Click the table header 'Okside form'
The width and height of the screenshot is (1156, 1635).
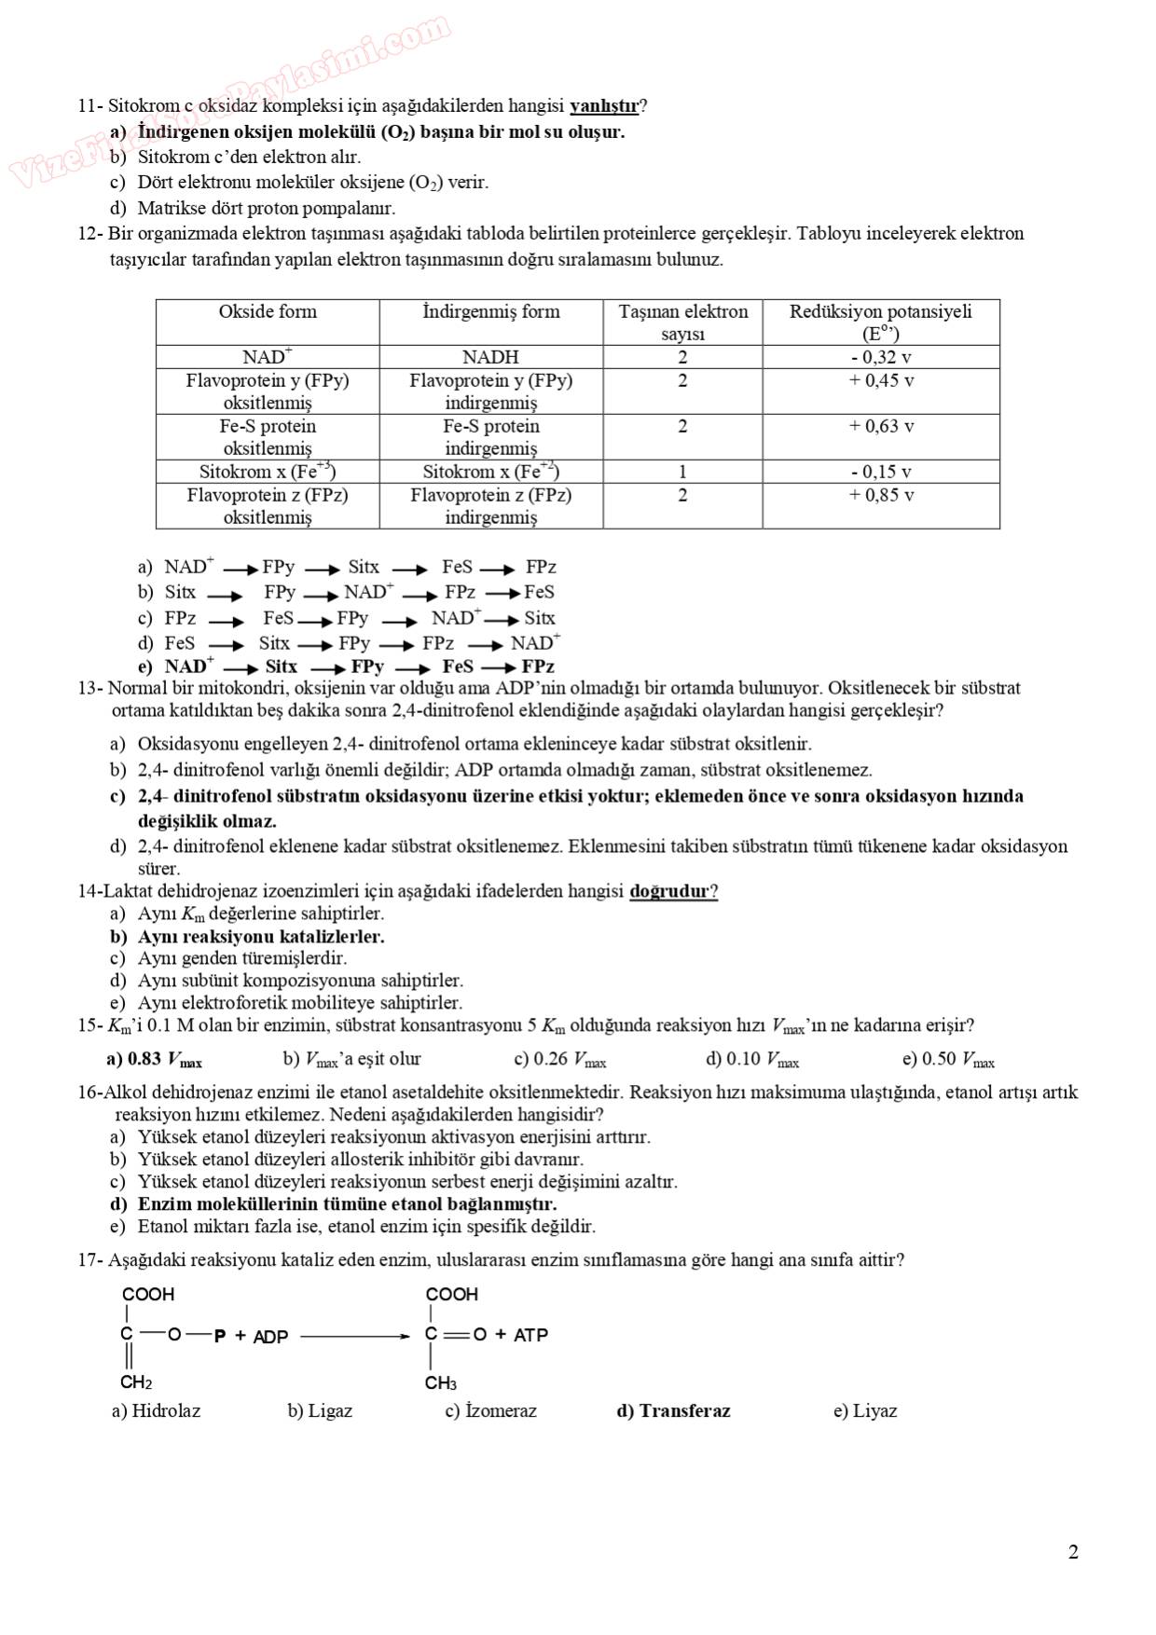[x=268, y=312]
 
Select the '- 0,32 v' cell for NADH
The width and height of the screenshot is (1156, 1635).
[x=880, y=357]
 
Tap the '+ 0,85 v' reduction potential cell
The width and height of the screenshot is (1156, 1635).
[x=880, y=495]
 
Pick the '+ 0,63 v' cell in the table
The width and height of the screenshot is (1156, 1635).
[x=880, y=426]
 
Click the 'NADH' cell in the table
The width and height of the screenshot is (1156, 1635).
[x=490, y=357]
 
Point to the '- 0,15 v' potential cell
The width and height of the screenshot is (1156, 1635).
[x=880, y=472]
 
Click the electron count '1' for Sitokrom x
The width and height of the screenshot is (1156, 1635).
[x=682, y=472]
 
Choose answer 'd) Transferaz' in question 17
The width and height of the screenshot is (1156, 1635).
[x=673, y=1411]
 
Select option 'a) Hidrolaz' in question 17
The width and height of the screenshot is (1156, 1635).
[x=156, y=1411]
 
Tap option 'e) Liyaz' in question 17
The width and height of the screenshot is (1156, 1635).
[x=864, y=1411]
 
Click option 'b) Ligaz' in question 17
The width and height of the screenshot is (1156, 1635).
[x=320, y=1411]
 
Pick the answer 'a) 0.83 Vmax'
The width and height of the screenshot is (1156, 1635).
[x=154, y=1060]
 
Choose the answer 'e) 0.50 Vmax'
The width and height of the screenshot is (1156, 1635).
[x=948, y=1060]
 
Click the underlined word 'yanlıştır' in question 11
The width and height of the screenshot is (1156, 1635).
[x=604, y=106]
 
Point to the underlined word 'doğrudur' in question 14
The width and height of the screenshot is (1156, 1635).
[x=670, y=891]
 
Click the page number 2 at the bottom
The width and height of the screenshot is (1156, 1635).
[x=1073, y=1552]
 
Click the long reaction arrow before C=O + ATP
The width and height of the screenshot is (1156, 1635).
[x=354, y=1336]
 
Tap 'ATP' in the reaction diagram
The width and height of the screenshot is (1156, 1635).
[x=530, y=1335]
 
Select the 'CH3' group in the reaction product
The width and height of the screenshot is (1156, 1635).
[x=441, y=1383]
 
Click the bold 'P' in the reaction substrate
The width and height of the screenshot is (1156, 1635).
[x=220, y=1336]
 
